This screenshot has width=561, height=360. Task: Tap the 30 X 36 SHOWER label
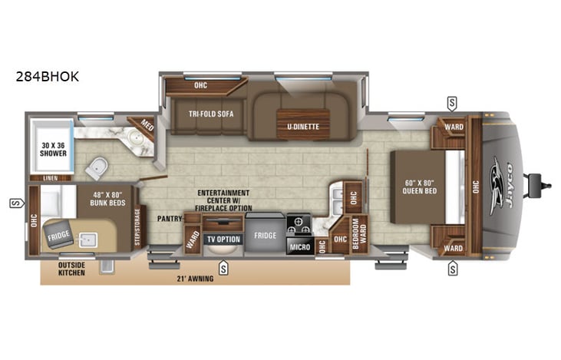coord(53,148)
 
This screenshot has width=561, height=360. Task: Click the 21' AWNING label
coord(195,278)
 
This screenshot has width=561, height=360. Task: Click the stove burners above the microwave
coord(299,223)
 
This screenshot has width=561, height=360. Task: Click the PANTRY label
coord(168,218)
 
